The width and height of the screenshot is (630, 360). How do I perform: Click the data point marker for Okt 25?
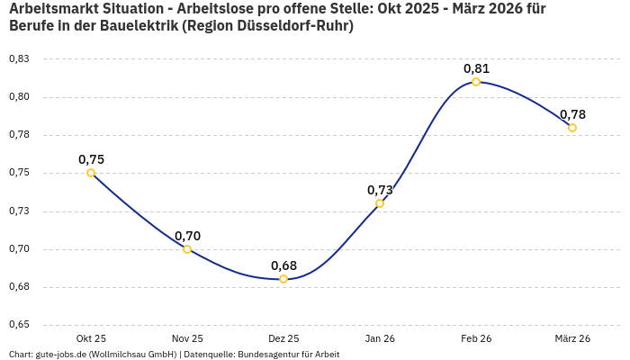pyautogui.click(x=91, y=173)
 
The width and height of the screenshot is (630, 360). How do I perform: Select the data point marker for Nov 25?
pyautogui.click(x=187, y=249)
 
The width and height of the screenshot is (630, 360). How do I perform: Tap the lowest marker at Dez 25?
pyautogui.click(x=283, y=279)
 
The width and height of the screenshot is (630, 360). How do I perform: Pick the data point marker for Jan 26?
pyautogui.click(x=380, y=203)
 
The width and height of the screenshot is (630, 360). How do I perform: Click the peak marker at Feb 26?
pyautogui.click(x=476, y=82)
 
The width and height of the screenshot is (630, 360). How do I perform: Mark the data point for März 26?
pyautogui.click(x=572, y=128)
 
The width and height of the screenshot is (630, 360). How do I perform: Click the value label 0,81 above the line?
pyautogui.click(x=476, y=68)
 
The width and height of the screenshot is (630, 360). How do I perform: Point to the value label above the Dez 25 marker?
pyautogui.click(x=283, y=265)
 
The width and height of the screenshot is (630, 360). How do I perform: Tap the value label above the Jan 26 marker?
pyautogui.click(x=380, y=190)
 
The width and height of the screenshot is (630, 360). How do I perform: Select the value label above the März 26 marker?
pyautogui.click(x=572, y=114)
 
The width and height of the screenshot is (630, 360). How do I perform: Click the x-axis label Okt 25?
pyautogui.click(x=91, y=338)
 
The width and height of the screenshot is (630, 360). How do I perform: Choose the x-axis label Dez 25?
pyautogui.click(x=283, y=338)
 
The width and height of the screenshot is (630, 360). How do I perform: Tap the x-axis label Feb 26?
pyautogui.click(x=476, y=338)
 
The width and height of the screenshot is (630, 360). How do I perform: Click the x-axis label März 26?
pyautogui.click(x=572, y=338)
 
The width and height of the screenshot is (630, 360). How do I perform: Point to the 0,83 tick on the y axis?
pyautogui.click(x=19, y=58)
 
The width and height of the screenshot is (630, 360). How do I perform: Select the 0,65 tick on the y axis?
pyautogui.click(x=19, y=325)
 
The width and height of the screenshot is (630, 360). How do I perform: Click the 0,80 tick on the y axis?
pyautogui.click(x=19, y=97)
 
